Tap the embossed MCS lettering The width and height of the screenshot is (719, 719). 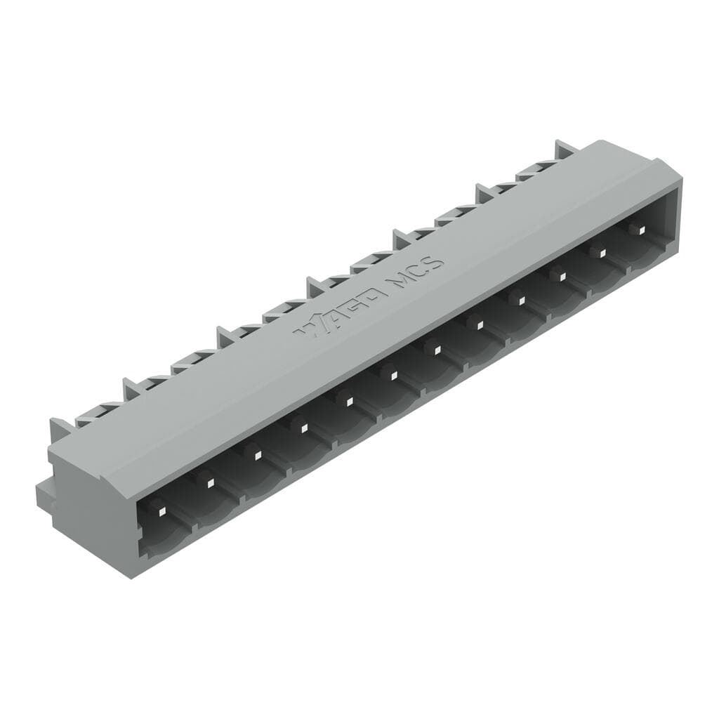tap(417, 273)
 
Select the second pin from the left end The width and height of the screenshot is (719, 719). tap(208, 478)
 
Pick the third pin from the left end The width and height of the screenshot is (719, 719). tap(256, 454)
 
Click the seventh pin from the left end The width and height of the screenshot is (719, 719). tap(435, 347)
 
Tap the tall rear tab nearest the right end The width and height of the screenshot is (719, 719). tap(565, 149)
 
